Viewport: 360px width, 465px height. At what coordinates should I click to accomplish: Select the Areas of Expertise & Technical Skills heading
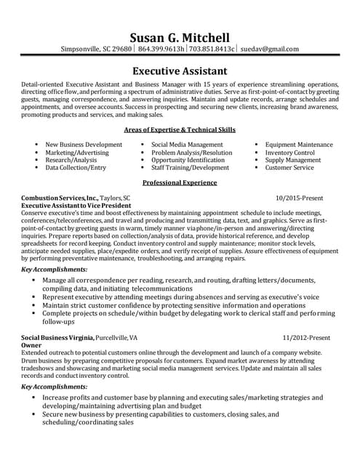[179, 128]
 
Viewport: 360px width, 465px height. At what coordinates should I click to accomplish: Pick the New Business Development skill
[84, 145]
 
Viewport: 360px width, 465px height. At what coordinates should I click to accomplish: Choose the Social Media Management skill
[187, 145]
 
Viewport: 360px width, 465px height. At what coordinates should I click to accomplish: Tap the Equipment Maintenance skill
[299, 145]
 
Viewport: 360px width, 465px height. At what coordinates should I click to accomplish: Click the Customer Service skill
[289, 167]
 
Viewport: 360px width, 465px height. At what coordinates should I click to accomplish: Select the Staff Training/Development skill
[190, 167]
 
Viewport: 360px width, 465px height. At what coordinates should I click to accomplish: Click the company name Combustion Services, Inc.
[60, 198]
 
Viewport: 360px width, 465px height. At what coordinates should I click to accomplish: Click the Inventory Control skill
[289, 153]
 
